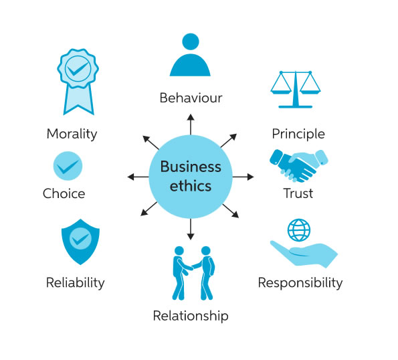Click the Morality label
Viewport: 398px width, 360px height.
tap(72, 134)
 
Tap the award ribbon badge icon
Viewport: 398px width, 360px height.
tap(78, 82)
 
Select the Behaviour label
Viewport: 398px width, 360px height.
tap(191, 98)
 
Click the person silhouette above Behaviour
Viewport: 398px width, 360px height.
tap(190, 55)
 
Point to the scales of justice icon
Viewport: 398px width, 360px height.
tap(296, 90)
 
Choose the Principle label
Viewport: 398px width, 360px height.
tap(298, 134)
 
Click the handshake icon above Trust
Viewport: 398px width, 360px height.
tap(299, 165)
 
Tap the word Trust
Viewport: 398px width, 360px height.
tap(298, 193)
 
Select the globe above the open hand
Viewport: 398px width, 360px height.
tap(299, 230)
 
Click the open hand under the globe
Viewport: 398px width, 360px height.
tap(304, 254)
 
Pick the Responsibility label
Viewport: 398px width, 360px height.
tap(300, 283)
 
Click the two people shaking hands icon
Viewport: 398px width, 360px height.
tap(193, 273)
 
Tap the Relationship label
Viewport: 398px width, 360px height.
tap(191, 316)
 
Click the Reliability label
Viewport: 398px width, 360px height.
tap(76, 283)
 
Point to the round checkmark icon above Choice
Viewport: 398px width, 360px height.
tap(68, 166)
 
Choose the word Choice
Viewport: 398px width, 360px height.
tap(64, 193)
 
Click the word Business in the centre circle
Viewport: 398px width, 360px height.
tap(191, 167)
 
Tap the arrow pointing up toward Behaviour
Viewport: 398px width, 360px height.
tap(191, 124)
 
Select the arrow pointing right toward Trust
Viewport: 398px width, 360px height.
tap(243, 177)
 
